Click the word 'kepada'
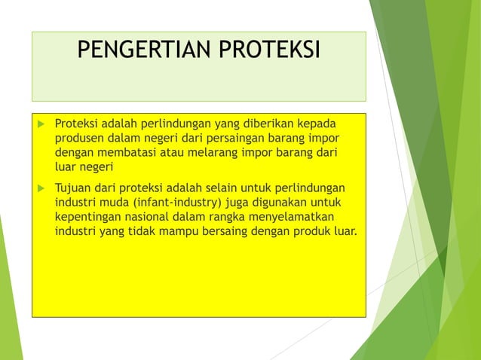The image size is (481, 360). (x=317, y=124)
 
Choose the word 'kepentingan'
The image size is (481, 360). (x=90, y=216)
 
